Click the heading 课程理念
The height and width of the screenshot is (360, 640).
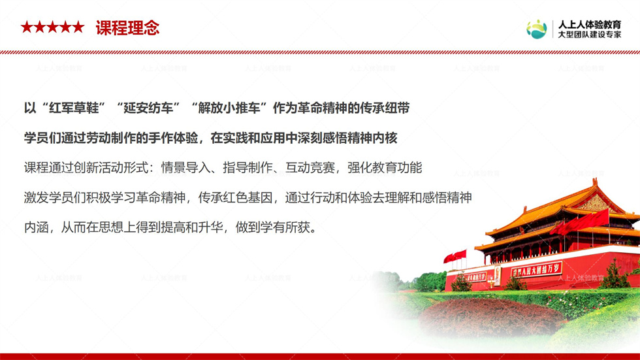tap(127, 27)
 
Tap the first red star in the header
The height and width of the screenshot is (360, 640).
tap(27, 27)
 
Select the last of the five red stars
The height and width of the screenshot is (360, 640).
tap(78, 27)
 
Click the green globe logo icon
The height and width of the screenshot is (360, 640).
tap(537, 29)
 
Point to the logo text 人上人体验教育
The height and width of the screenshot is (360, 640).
tap(589, 24)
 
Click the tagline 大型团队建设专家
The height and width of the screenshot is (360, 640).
tap(589, 35)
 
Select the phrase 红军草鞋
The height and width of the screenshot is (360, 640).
tap(73, 108)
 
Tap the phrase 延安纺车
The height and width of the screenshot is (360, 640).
tap(148, 108)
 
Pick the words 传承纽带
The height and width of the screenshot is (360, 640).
tap(385, 108)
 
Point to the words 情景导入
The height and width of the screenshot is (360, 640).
tap(185, 168)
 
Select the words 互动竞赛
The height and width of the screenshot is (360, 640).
tap(310, 168)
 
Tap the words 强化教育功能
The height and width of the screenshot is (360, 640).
tap(385, 168)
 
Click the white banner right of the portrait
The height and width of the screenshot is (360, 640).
tap(537, 270)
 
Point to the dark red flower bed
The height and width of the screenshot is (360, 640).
tap(490, 316)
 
